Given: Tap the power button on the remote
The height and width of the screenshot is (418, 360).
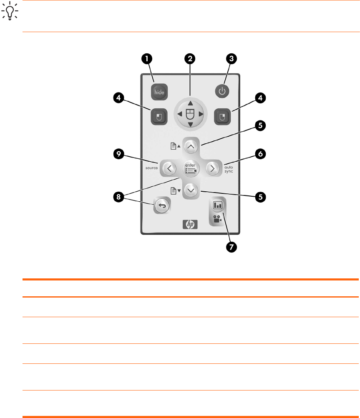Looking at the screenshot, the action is pos(222,92).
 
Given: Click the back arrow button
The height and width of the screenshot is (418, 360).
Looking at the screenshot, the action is pos(162,206).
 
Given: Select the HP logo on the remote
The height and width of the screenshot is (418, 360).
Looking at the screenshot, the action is pos(190,224).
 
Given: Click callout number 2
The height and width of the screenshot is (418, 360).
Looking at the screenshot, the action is pos(190,59).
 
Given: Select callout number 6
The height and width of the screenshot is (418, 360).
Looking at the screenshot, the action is pos(259,154).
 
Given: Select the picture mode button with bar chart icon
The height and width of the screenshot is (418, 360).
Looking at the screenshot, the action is pos(218,205).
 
